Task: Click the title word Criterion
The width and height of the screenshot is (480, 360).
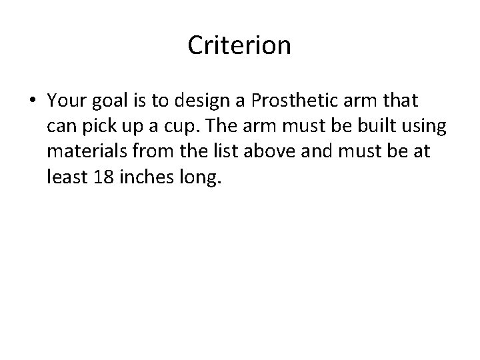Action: click(x=239, y=45)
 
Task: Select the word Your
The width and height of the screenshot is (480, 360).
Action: click(x=66, y=101)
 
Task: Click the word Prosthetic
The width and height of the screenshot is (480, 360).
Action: click(x=283, y=101)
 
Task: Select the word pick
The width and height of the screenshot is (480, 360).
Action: click(x=96, y=127)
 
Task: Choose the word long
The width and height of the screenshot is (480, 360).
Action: click(x=193, y=177)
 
